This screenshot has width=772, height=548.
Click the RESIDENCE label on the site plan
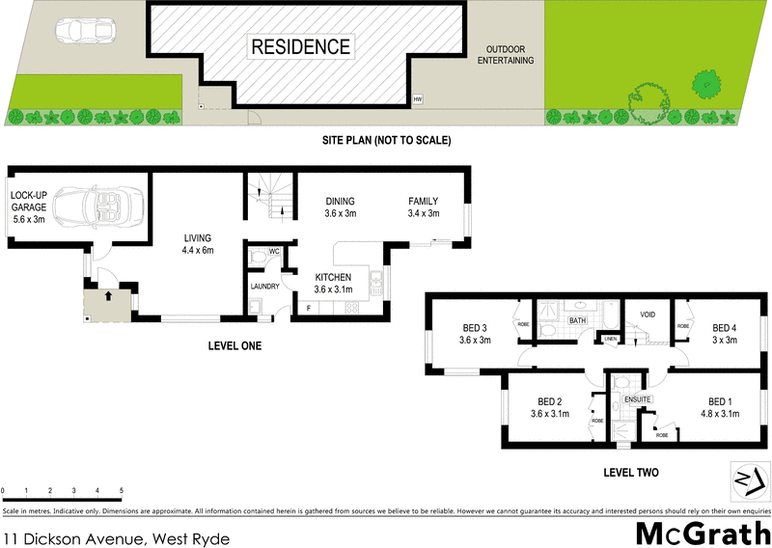300,46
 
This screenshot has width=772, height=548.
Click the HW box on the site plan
418,99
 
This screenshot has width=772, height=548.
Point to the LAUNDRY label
264,286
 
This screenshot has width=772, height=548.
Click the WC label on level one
274,253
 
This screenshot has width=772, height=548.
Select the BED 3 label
475,333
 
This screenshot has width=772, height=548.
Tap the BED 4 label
724,333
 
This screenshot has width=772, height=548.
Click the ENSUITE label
638,397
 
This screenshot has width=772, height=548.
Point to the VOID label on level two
648,315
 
